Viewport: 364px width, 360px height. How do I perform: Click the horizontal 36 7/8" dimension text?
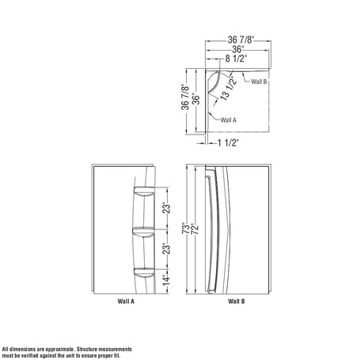pos(241,40)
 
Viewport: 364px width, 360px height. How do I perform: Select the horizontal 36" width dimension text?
pos(237,49)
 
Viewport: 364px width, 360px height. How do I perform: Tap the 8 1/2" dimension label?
pos(236,59)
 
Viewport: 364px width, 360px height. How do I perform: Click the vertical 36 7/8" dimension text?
pos(185,97)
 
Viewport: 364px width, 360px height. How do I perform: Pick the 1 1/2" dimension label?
pos(228,142)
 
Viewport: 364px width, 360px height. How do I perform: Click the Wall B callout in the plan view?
pos(259,81)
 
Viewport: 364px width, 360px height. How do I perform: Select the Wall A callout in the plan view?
pos(229,120)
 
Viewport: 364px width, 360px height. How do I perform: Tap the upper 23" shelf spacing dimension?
pos(166,207)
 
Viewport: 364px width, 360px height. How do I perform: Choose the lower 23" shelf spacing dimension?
pos(166,248)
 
